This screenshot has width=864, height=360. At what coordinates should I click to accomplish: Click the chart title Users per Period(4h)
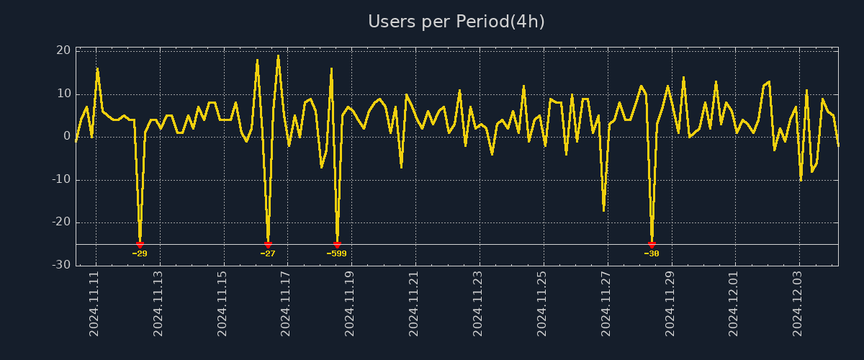click(x=456, y=22)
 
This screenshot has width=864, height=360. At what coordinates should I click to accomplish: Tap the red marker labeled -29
click(x=140, y=245)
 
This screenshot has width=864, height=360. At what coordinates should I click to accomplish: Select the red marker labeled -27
click(x=268, y=245)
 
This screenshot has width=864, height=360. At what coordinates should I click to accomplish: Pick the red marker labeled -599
click(x=337, y=245)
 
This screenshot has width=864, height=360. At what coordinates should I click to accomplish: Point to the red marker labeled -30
click(x=652, y=245)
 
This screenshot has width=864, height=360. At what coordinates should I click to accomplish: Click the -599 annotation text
click(x=337, y=253)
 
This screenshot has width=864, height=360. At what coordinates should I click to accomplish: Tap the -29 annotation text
click(x=140, y=253)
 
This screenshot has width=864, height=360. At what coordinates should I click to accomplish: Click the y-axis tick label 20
click(x=63, y=50)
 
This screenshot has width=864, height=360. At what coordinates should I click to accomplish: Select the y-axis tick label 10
click(x=63, y=94)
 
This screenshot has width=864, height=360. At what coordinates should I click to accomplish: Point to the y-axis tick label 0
click(x=67, y=137)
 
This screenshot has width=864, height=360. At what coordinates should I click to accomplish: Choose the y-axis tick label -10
click(x=62, y=180)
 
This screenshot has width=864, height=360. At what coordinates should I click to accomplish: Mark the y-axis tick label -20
click(x=62, y=222)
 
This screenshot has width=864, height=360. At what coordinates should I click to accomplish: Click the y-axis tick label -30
click(x=62, y=266)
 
